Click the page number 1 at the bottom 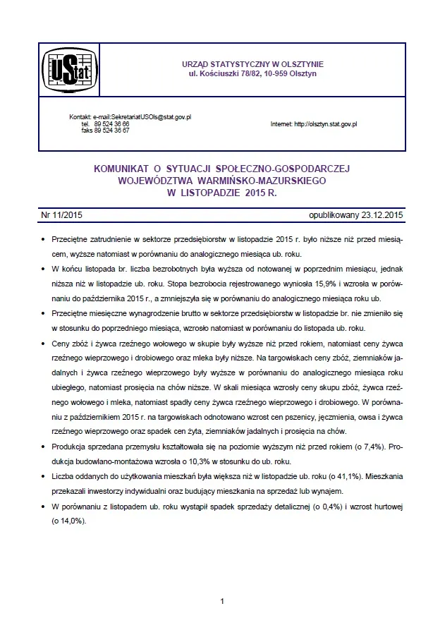point(222,601)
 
